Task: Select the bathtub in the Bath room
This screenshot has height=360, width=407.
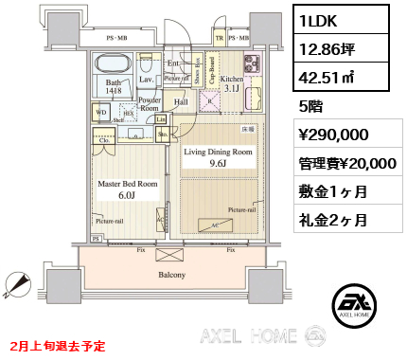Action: point(115,64)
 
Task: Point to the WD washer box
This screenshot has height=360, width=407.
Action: point(100,111)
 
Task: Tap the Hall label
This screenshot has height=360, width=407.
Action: point(180,100)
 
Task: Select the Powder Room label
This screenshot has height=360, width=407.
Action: point(149,104)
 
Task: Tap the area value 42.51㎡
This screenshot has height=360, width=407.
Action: point(326,79)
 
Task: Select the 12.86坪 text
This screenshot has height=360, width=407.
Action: point(325,49)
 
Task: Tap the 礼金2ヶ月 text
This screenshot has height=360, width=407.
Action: point(332,223)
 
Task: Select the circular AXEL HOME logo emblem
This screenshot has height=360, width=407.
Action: point(354,303)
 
